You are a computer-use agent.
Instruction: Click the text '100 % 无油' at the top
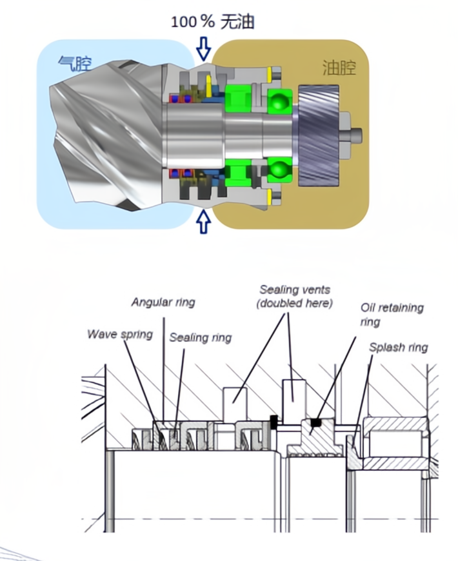[212, 22]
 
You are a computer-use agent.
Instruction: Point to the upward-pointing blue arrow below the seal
[204, 221]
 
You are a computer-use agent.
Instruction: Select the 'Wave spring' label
[120, 335]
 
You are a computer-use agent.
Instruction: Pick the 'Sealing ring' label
[200, 337]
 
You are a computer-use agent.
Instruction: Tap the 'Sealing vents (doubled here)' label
[295, 297]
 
